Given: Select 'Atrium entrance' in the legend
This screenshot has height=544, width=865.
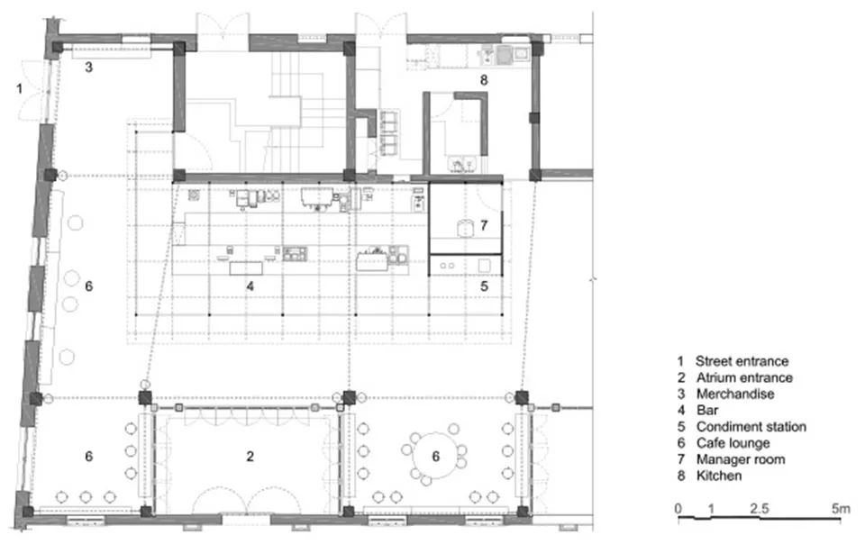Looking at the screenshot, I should (x=743, y=377).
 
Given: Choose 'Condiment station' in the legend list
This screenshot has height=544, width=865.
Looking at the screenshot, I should (x=751, y=426).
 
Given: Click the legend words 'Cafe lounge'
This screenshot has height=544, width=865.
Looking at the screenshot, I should (x=733, y=442).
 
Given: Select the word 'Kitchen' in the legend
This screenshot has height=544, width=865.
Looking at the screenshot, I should (x=718, y=475).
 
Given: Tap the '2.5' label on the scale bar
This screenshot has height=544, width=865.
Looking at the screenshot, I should (x=760, y=509).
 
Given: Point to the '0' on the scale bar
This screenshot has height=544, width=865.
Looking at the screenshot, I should (x=678, y=509).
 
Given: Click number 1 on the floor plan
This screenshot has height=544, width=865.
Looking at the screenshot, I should (x=17, y=87).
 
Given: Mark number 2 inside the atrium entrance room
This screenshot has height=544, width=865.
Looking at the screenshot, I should (x=250, y=457).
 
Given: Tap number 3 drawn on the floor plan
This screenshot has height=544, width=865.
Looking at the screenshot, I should (x=88, y=67).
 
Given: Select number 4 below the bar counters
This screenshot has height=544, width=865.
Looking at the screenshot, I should (x=250, y=286).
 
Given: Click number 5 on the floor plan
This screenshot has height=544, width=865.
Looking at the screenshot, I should (x=483, y=286).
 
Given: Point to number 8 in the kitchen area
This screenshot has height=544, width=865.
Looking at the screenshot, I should (x=483, y=80).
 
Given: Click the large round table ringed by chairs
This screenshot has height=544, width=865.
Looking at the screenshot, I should (x=436, y=457).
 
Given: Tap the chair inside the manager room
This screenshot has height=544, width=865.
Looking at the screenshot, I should (x=466, y=226).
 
